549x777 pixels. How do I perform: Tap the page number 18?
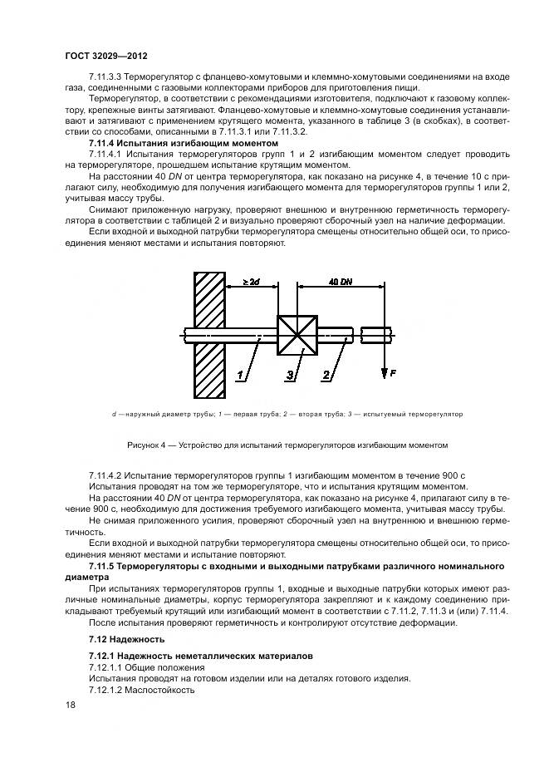pos(71,705)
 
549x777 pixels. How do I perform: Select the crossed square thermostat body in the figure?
pos(297,336)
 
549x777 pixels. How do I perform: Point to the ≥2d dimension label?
pos(252,283)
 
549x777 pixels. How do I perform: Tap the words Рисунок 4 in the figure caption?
pos(146,445)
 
